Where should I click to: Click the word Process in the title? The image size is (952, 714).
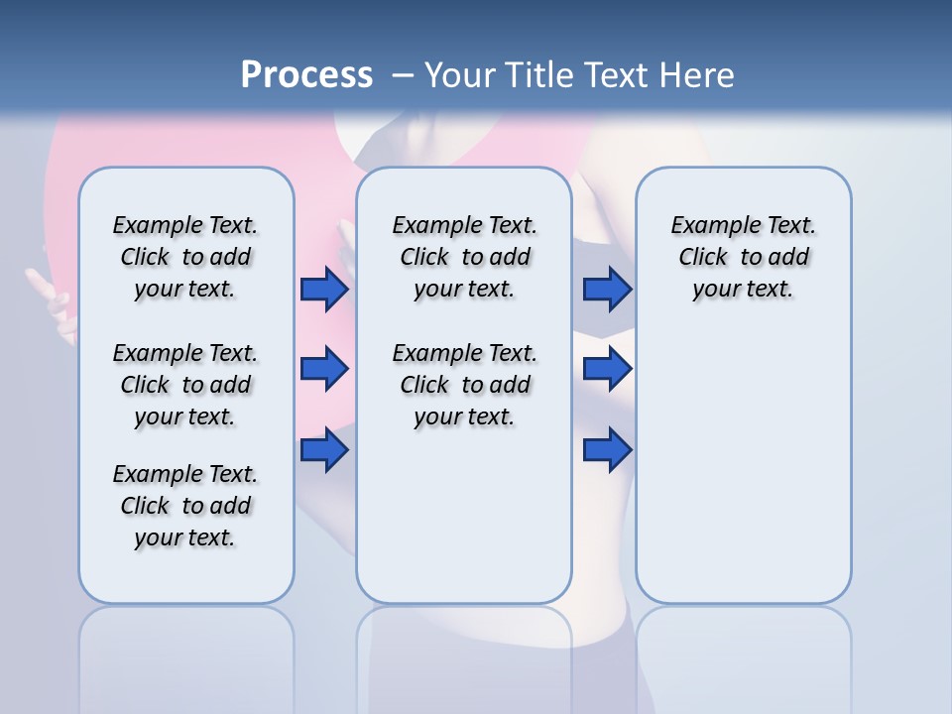[306, 75]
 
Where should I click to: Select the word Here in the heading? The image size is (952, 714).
[696, 75]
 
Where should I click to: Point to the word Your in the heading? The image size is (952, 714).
[461, 75]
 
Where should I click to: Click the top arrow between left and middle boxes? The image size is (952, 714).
[324, 289]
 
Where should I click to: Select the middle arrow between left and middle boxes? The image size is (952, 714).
[324, 369]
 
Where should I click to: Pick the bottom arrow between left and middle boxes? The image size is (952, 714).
[324, 449]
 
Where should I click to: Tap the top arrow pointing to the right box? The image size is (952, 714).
[607, 289]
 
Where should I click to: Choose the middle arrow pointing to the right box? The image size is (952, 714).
[607, 369]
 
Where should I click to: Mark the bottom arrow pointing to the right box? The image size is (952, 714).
[607, 449]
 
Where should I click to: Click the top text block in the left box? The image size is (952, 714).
[185, 257]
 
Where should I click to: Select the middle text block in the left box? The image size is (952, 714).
[185, 385]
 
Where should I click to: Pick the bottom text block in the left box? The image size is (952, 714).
[185, 506]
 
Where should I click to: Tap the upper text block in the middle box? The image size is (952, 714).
[464, 257]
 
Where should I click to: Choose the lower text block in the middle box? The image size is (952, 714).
[464, 385]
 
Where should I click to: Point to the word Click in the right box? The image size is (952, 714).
[703, 258]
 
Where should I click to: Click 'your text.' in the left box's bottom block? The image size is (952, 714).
[184, 537]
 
